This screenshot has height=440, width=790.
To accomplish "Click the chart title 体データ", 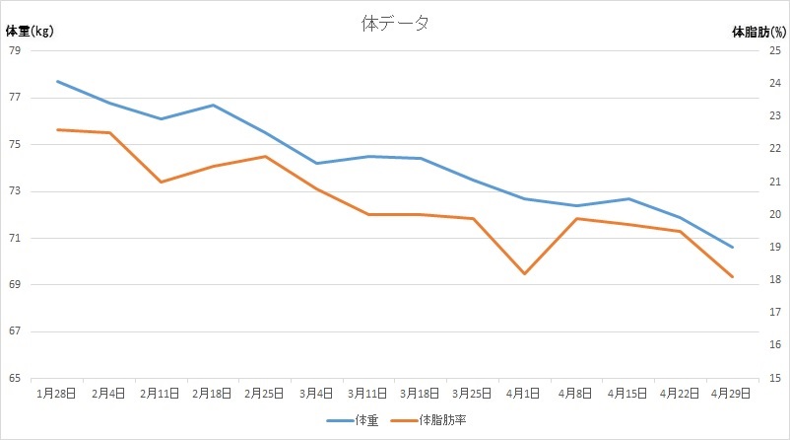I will pos(395,24).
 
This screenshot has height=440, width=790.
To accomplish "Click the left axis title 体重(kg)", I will pos(30,31).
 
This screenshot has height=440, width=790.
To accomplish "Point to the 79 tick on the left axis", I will pos(15,51).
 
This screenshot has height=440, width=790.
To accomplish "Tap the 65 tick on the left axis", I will pos(15,378).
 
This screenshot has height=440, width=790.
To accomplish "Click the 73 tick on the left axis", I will pos(15,191).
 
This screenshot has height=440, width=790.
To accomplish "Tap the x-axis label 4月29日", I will pos(732,393).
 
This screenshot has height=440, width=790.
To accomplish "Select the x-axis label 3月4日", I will pos(316,393).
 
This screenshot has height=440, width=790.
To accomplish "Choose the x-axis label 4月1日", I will pos(524,393).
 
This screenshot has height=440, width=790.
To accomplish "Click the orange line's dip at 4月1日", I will pos(525,273).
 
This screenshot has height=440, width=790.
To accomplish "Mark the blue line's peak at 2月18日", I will pos(213,105).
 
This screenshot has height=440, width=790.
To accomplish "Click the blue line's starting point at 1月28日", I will pos(57,81).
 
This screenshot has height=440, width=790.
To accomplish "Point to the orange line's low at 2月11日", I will pos(161,182).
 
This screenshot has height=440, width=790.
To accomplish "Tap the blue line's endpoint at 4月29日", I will pos(733,247).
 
